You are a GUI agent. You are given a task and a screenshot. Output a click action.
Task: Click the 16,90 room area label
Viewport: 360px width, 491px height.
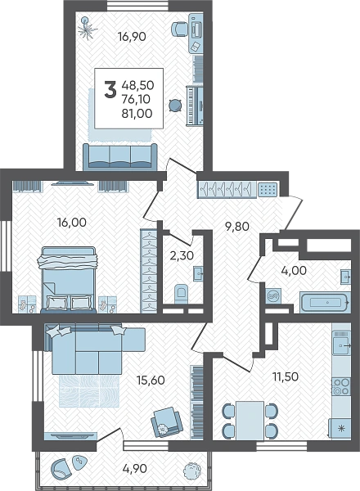(132, 37)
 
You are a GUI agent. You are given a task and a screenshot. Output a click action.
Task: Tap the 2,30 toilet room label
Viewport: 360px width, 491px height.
(182, 255)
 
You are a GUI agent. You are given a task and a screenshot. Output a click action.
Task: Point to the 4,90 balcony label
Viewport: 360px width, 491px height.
(134, 468)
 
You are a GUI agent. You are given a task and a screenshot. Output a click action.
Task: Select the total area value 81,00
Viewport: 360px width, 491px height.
(137, 113)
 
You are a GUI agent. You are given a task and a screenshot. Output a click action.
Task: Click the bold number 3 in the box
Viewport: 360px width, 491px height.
(110, 89)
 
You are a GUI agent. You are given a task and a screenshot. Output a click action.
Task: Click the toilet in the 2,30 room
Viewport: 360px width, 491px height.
(180, 294)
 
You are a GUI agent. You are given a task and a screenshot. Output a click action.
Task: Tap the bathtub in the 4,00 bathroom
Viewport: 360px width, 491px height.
(324, 303)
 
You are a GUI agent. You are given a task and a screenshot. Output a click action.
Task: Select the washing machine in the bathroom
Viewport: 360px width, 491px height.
(273, 296)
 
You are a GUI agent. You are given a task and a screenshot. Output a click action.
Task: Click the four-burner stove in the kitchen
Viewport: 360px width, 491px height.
(341, 386)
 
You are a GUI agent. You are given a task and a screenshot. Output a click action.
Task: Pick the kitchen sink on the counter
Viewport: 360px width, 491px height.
(341, 345)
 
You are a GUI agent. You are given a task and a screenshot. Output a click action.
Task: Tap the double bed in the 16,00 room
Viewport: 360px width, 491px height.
(69, 280)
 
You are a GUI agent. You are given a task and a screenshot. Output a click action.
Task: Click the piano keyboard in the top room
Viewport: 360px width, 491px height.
(195, 106)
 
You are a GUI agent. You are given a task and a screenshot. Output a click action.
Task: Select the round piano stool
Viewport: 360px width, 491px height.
(175, 106)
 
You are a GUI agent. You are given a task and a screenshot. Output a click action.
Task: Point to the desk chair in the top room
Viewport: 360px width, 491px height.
(180, 29)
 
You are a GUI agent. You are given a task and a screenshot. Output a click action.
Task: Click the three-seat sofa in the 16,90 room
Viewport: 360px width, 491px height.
(120, 156)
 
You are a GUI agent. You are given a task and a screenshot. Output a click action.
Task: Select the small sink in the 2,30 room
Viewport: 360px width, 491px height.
(198, 274)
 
